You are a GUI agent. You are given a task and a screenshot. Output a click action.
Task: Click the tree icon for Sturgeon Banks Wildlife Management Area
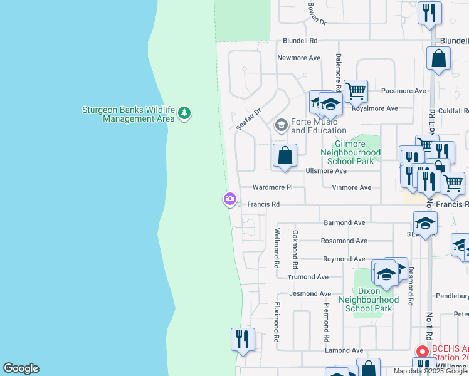(x=184, y=113)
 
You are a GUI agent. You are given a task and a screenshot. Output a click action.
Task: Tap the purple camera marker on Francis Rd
(x=229, y=199)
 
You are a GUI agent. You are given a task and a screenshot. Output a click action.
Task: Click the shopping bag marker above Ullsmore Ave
(x=285, y=156)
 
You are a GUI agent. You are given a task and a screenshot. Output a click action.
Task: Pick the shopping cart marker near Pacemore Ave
(x=356, y=91)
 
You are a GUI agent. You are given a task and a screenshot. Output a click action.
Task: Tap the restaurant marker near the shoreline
(x=243, y=340)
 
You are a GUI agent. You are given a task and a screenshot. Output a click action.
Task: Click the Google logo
(x=21, y=368)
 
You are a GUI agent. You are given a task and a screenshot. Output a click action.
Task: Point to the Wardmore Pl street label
(x=272, y=187)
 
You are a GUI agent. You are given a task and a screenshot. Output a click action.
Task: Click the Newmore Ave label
(x=299, y=58)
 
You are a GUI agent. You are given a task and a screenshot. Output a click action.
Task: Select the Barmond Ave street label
(x=344, y=222)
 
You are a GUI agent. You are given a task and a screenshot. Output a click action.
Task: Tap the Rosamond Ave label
(x=344, y=241)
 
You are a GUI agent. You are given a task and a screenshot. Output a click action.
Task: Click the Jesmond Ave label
(x=310, y=293)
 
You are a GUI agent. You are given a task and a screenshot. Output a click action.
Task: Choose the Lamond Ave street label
(x=344, y=350)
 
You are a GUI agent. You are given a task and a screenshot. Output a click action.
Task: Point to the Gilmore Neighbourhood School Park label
(x=350, y=152)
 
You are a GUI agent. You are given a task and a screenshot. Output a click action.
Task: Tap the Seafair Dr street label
(x=249, y=117)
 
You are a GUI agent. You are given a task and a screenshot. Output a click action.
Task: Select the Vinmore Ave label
(x=351, y=187)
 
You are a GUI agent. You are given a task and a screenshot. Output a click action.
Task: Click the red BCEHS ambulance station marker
(x=423, y=351)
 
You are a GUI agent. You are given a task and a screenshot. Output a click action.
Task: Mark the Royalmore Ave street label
(x=374, y=108)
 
